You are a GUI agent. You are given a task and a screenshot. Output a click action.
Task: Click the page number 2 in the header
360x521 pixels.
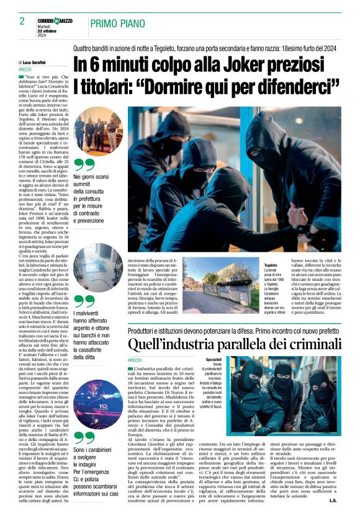[x=22, y=20]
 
